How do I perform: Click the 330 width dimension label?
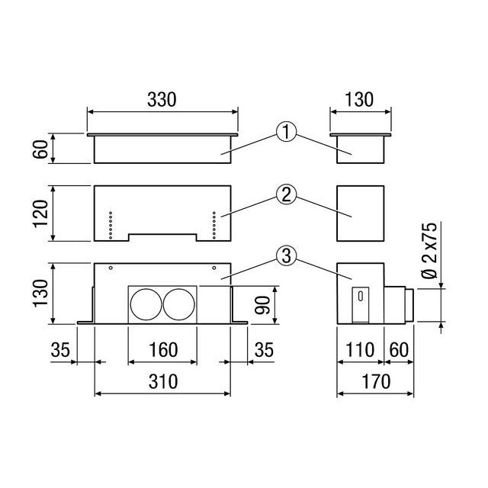(162, 100)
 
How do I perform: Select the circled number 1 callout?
(287, 132)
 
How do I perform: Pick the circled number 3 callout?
(287, 255)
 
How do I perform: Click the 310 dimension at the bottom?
(163, 381)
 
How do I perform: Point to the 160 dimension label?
(163, 349)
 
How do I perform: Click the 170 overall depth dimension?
(376, 381)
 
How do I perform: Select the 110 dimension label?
(360, 349)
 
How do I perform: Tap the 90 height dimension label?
(262, 305)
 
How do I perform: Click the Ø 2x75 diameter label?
(429, 250)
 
